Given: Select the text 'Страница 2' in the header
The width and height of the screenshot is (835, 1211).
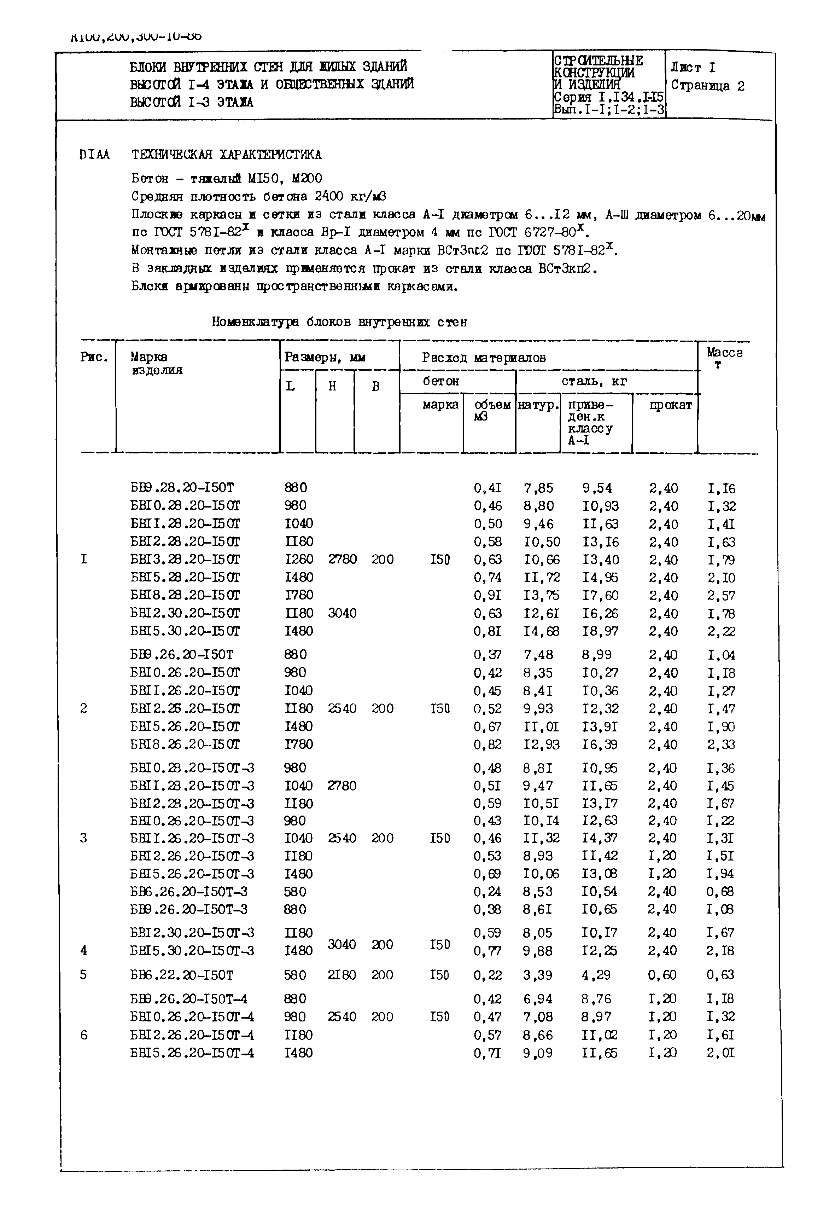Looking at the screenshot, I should pyautogui.click(x=707, y=86).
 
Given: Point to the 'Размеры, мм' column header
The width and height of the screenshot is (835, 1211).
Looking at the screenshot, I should pyautogui.click(x=325, y=358).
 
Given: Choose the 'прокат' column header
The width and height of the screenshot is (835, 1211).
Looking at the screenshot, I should pyautogui.click(x=670, y=405).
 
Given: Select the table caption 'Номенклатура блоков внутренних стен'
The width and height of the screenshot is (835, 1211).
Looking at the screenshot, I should pyautogui.click(x=339, y=322).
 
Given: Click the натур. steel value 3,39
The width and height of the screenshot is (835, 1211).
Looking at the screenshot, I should pyautogui.click(x=537, y=975).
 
